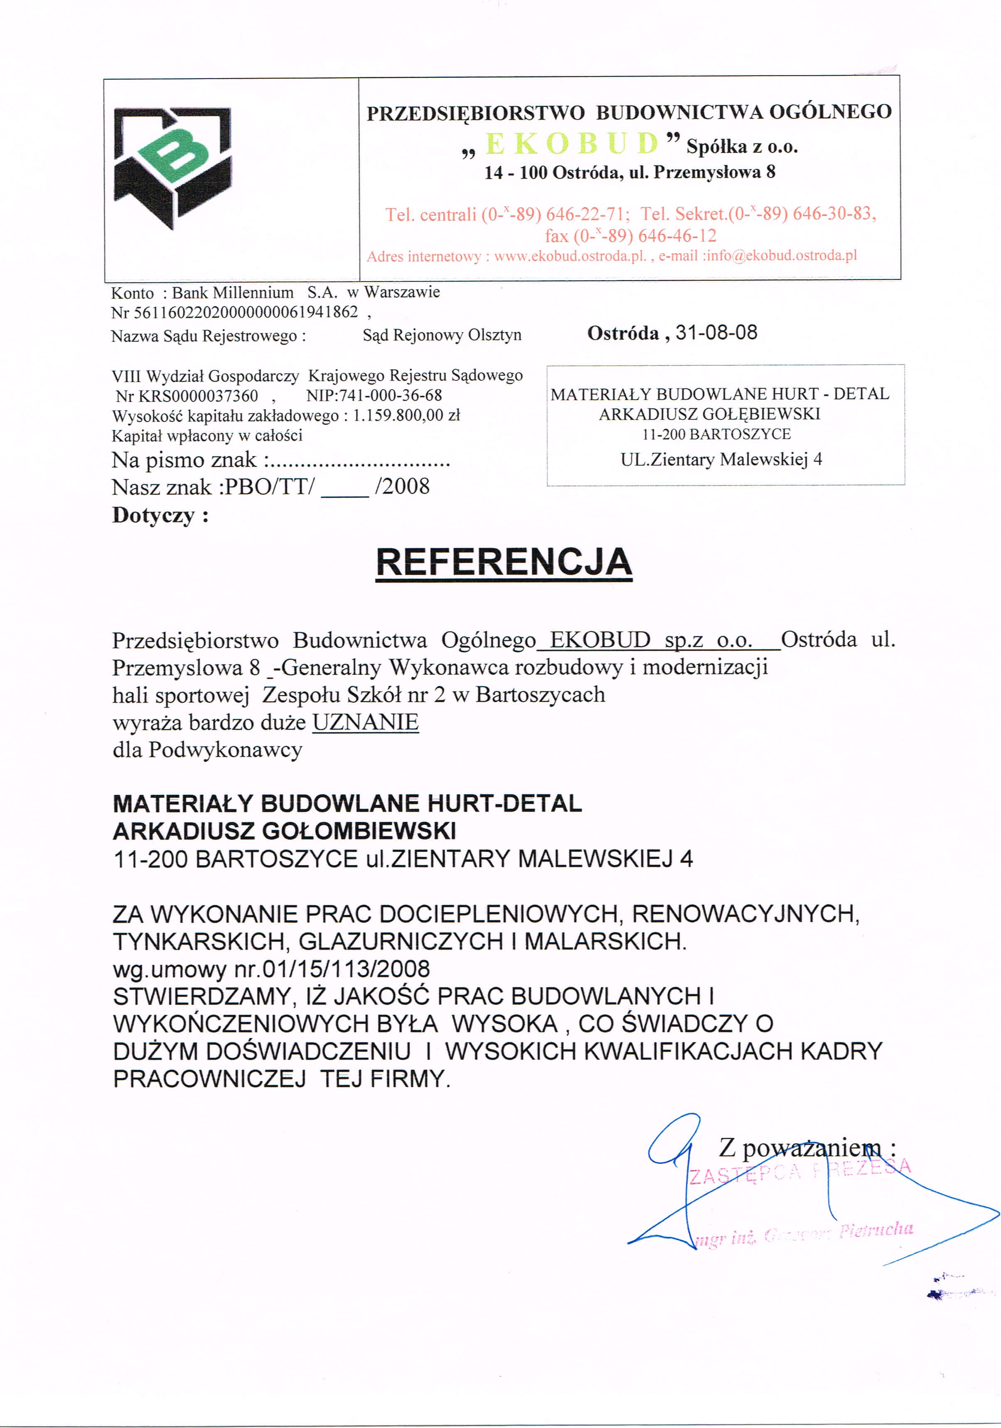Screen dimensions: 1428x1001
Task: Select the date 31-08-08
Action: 716,333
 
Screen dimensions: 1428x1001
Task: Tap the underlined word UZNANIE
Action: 365,722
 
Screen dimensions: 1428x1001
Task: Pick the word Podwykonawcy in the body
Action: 225,750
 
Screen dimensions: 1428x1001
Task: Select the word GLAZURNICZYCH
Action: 401,941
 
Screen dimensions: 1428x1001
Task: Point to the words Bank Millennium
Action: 233,292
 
